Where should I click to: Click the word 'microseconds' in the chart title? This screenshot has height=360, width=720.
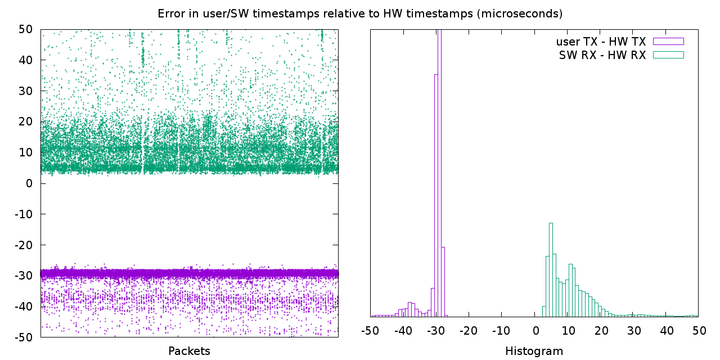pos(519,13)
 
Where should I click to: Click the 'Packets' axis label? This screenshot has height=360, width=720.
pos(190,351)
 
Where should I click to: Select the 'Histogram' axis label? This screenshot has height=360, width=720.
pos(534,351)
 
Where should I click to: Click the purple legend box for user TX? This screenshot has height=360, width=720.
pos(668,41)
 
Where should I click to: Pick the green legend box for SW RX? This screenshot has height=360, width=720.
pos(668,55)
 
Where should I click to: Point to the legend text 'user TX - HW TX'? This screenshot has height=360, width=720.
pos(601,42)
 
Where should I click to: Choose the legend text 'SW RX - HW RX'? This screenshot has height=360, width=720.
pos(602,55)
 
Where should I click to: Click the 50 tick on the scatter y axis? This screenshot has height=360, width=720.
pos(25,29)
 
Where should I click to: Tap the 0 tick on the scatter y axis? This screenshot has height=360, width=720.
pos(29,183)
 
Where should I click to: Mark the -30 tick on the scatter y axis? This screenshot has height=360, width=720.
pos(24,276)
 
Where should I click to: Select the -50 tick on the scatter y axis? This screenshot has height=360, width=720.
pos(24,337)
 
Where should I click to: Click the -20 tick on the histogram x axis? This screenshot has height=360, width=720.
pos(469,330)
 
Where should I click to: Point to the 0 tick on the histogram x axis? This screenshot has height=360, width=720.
pos(536,330)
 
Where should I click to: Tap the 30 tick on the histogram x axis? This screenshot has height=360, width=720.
pos(633,330)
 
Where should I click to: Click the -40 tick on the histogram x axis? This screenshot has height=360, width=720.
pos(403,330)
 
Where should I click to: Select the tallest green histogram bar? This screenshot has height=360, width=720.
pos(551,270)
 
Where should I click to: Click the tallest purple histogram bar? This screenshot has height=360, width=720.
pos(439,174)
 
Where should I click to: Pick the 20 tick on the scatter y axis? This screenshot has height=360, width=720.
pos(25,121)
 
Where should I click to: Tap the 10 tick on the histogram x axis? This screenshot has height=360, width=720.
pos(569,330)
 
